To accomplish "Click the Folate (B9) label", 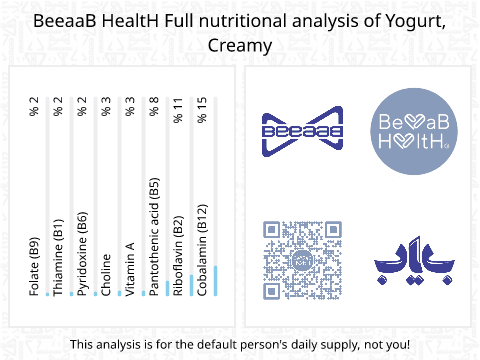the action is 34,267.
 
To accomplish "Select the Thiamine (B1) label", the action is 58,257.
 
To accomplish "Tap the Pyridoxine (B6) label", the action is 82,254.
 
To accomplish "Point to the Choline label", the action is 106,275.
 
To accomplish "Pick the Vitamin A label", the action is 130,269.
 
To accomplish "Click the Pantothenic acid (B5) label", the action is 154,237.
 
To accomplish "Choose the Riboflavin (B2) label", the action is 178,256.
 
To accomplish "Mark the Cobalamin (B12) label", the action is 202,250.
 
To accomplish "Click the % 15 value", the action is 202,110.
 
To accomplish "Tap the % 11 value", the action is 178,110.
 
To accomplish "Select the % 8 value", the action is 154,107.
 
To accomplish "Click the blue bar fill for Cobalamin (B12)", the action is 216,281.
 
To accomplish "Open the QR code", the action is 303,260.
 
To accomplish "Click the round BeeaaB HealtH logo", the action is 414,131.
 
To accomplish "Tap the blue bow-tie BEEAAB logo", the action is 303,131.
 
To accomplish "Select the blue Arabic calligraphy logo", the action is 414,260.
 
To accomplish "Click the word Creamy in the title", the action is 240,46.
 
